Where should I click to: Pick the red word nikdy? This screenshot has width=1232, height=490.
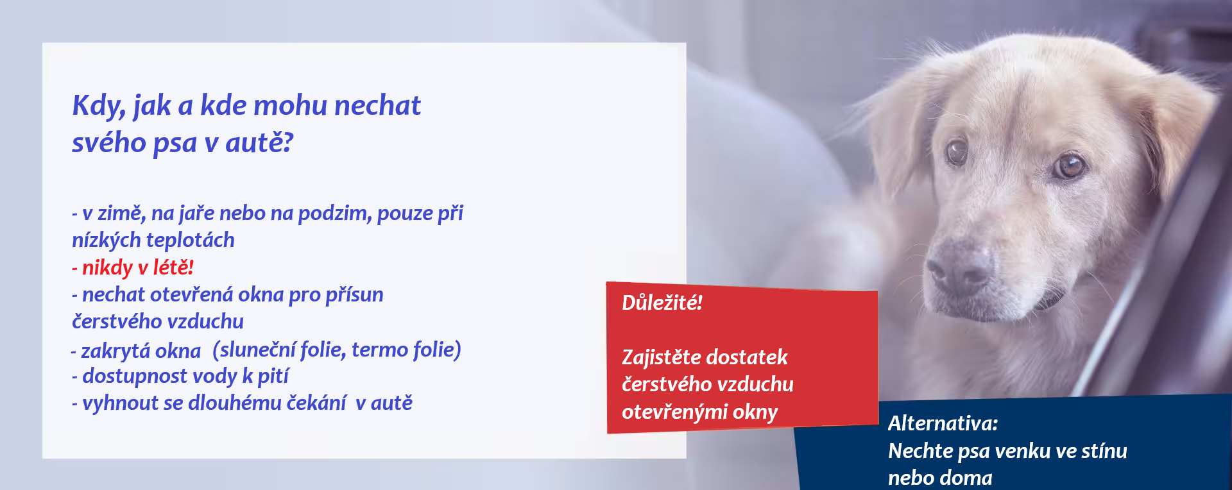tap(107, 267)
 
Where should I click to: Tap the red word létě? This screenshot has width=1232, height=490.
tap(173, 267)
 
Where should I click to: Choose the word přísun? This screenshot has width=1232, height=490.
tap(354, 295)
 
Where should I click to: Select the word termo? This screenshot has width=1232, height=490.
tap(380, 350)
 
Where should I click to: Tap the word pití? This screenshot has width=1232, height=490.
tap(273, 376)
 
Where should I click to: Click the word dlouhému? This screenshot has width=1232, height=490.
tap(235, 403)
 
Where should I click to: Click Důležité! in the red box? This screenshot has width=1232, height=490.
tap(662, 303)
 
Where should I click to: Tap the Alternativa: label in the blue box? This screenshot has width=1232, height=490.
tap(943, 423)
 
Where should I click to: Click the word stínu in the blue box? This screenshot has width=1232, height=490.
tap(1104, 451)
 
